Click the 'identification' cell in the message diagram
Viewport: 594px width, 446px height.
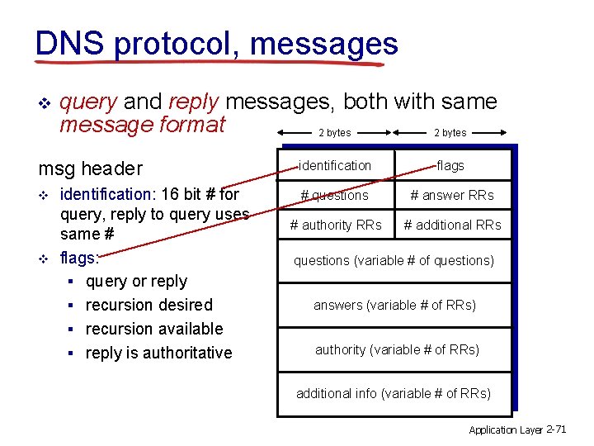pos(335,166)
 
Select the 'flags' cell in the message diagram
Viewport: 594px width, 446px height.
pos(450,166)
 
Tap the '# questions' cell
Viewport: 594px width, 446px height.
pos(335,196)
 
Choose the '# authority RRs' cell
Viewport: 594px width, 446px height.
pos(335,225)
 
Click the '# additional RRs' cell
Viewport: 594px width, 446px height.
pos(452,225)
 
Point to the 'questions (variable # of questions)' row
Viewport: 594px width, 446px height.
pos(394,261)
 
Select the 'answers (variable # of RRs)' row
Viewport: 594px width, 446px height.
pos(394,305)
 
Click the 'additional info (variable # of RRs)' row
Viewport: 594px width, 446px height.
pos(394,393)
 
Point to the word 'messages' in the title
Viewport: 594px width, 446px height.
pos(324,43)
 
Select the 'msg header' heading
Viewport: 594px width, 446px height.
pos(90,168)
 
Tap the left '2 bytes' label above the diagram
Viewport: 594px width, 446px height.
pos(335,132)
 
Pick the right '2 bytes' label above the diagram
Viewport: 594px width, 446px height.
pos(450,132)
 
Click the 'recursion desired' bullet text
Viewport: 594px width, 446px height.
pos(149,305)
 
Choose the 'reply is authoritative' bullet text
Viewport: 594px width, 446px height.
pos(158,353)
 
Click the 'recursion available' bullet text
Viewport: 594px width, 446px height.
pos(154,329)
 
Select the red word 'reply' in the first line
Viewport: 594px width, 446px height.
pos(193,102)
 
